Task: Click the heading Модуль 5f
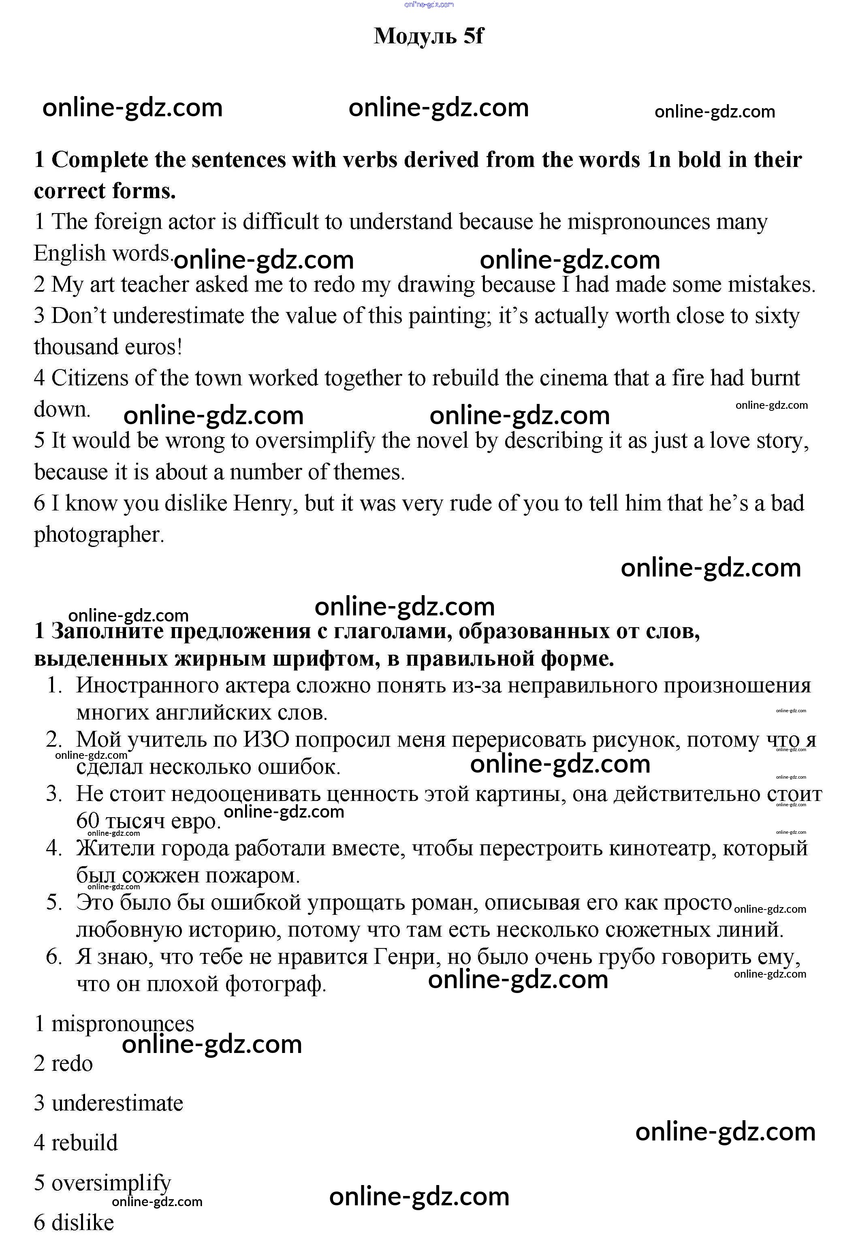[428, 36]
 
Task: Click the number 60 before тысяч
[87, 821]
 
